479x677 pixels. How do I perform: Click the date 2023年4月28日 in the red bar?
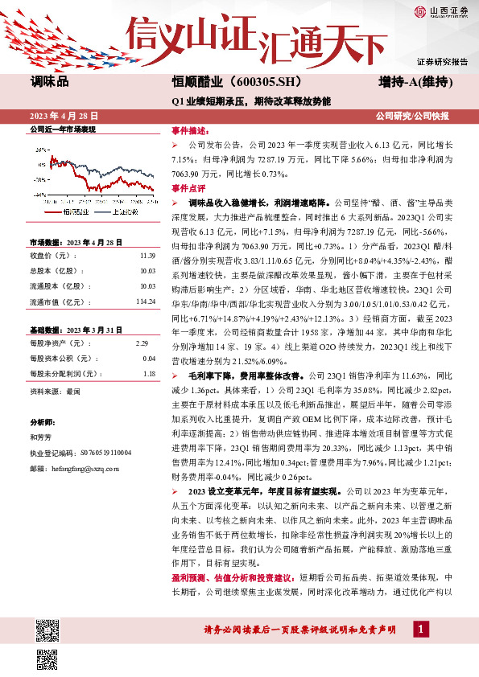(64, 116)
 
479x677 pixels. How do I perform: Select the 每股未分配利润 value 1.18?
(148, 351)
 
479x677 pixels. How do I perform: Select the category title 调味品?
(50, 82)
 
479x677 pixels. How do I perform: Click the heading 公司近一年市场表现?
(62, 129)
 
